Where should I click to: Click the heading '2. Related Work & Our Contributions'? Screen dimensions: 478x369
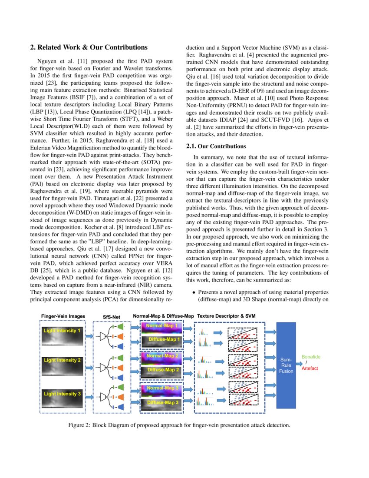click(89, 47)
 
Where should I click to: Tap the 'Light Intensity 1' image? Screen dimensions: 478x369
click(63, 336)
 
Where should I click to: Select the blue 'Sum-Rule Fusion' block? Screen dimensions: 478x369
click(286, 365)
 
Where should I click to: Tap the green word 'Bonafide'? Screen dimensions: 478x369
click(311, 357)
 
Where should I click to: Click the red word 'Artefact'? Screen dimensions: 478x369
click(310, 368)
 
